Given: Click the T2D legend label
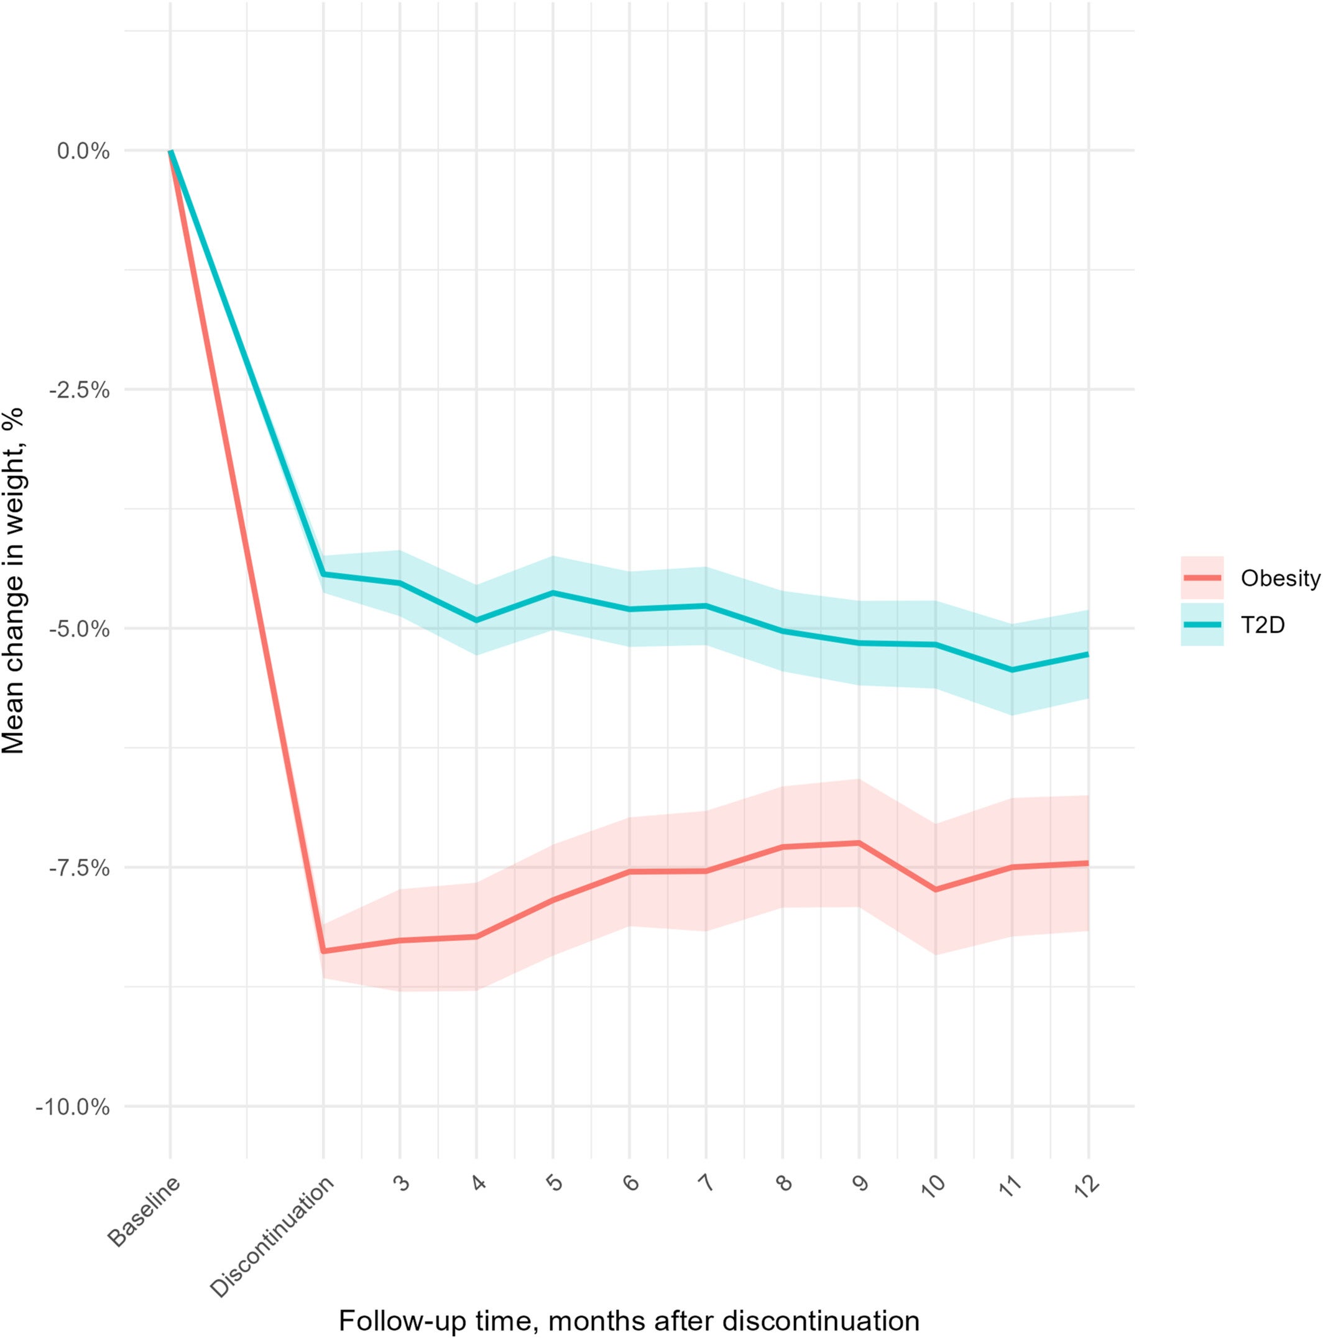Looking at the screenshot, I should pyautogui.click(x=1262, y=625).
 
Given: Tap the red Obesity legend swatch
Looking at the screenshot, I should pyautogui.click(x=1202, y=577).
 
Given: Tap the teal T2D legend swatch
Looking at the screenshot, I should pyautogui.click(x=1202, y=625).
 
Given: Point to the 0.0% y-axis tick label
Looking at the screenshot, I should pyautogui.click(x=83, y=151).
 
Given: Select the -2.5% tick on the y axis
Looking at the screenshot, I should pyautogui.click(x=80, y=390).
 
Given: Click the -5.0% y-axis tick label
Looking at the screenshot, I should pyautogui.click(x=80, y=629).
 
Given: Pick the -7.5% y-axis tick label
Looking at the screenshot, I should pyautogui.click(x=80, y=868).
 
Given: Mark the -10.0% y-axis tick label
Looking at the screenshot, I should pyautogui.click(x=73, y=1107).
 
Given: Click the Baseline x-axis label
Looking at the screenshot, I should pyautogui.click(x=144, y=1212).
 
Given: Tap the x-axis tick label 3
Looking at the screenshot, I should pyautogui.click(x=402, y=1183).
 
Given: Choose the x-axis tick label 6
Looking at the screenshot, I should pyautogui.click(x=631, y=1183).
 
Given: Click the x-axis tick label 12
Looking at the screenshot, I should pyautogui.click(x=1086, y=1186).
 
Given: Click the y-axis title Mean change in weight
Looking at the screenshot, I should pyautogui.click(x=14, y=580).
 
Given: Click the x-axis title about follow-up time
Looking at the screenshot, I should pyautogui.click(x=629, y=1321).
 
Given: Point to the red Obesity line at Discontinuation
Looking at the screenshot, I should pyautogui.click(x=323, y=951).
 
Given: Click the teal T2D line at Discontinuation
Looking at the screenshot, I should pyautogui.click(x=323, y=574).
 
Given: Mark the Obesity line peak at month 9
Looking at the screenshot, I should pyautogui.click(x=859, y=842).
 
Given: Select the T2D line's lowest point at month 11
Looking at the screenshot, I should pyautogui.click(x=1012, y=670).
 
